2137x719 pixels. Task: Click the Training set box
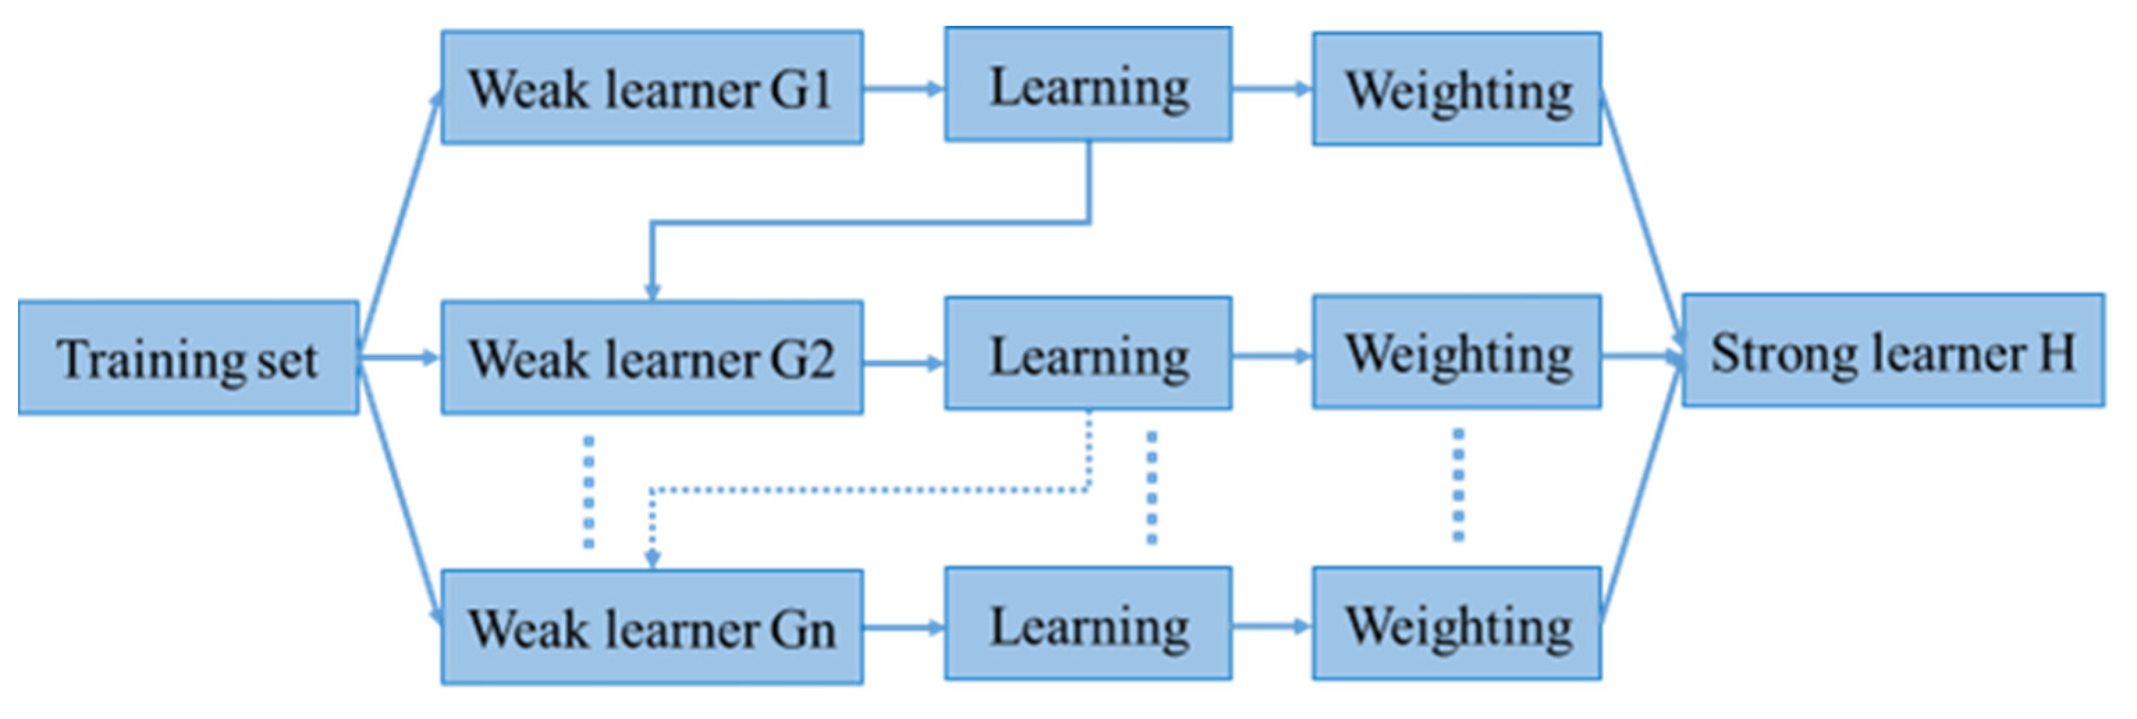[x=189, y=358]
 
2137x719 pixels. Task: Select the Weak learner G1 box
[x=652, y=88]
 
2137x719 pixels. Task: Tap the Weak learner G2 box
[x=652, y=358]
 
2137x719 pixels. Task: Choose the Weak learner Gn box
[x=652, y=628]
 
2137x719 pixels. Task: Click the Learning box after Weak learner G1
[x=1088, y=85]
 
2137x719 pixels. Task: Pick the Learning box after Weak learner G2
[x=1088, y=354]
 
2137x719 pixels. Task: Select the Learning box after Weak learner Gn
[x=1088, y=624]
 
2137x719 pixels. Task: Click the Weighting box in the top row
[x=1456, y=90]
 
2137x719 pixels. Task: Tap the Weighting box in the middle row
[x=1456, y=353]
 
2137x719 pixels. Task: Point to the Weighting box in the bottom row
[x=1456, y=624]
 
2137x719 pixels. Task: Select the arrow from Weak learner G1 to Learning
[x=903, y=88]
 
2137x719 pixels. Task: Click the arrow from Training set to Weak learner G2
[x=399, y=358]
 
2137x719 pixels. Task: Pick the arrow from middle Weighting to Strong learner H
[x=1641, y=357]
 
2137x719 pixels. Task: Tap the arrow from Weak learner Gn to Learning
[x=903, y=628]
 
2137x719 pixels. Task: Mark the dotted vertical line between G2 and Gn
[x=589, y=492]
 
